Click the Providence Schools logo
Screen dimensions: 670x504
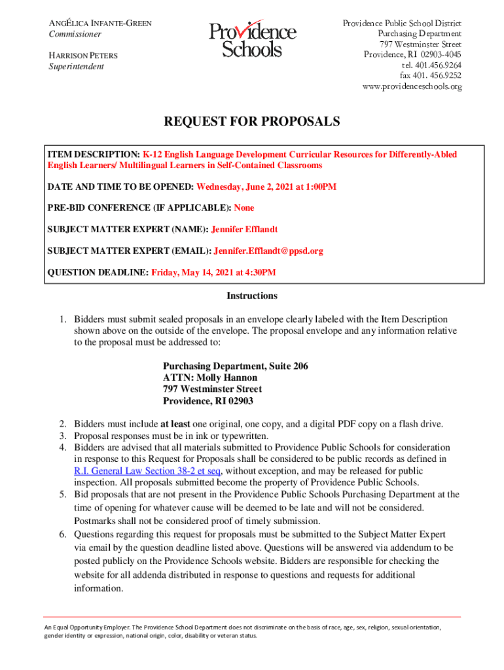pyautogui.click(x=252, y=39)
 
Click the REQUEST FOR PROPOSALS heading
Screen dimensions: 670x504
pyautogui.click(x=252, y=122)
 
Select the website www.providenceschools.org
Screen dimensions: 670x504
pyautogui.click(x=412, y=86)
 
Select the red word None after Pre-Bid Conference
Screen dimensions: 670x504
pyautogui.click(x=244, y=208)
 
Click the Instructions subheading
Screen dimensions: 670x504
pyautogui.click(x=252, y=296)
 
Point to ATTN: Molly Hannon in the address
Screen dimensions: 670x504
pyautogui.click(x=210, y=378)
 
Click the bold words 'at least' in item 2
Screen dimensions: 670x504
pyautogui.click(x=175, y=424)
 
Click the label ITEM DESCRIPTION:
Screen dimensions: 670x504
pyautogui.click(x=94, y=155)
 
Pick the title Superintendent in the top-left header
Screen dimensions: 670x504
pyautogui.click(x=77, y=67)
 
